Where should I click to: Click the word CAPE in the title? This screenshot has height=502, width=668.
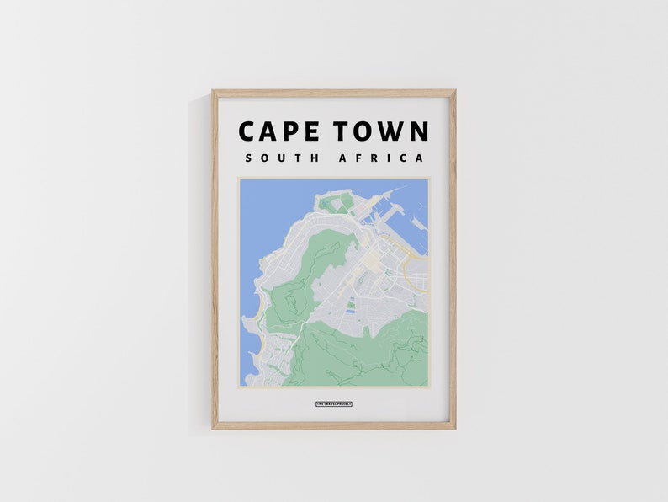278,131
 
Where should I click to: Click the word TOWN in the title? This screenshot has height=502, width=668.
381,131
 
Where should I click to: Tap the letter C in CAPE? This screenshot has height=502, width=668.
248,131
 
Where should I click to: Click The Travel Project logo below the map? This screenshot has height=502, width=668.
334,404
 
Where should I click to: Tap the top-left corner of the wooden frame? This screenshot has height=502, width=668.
214,92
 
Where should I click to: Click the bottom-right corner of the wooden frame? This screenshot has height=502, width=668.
454,428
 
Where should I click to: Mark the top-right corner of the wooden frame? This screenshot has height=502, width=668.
454,92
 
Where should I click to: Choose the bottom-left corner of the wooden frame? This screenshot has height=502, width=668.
214,428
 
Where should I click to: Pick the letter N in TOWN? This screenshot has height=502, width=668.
418,131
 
